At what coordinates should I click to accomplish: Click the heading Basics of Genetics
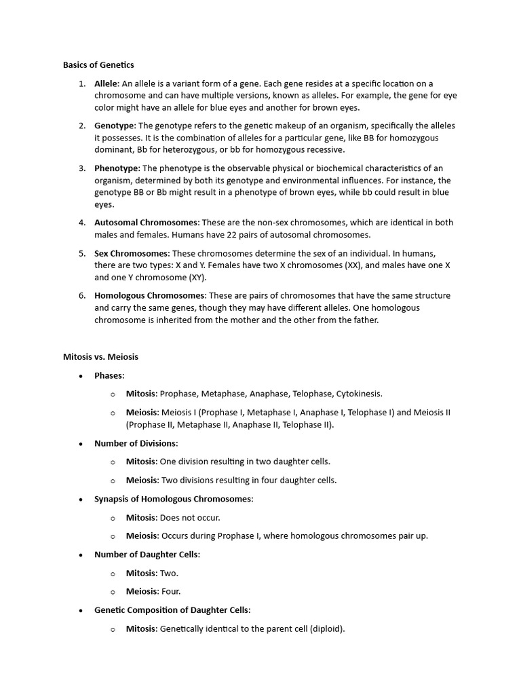tap(98, 65)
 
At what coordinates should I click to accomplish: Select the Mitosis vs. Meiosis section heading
tap(100, 356)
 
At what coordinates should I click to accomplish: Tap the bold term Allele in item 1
tap(106, 83)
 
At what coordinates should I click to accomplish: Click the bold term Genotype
tap(114, 126)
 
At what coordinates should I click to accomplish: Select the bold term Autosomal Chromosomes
tap(146, 223)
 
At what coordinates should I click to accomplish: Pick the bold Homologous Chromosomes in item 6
tap(149, 296)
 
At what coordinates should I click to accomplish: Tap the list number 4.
tap(81, 223)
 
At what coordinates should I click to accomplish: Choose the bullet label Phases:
tap(109, 375)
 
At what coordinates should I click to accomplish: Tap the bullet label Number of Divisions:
tap(136, 443)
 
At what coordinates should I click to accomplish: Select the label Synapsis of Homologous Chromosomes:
tap(173, 499)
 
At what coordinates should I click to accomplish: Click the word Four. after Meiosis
tap(171, 591)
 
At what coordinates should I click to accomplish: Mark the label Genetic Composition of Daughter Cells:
tap(172, 610)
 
